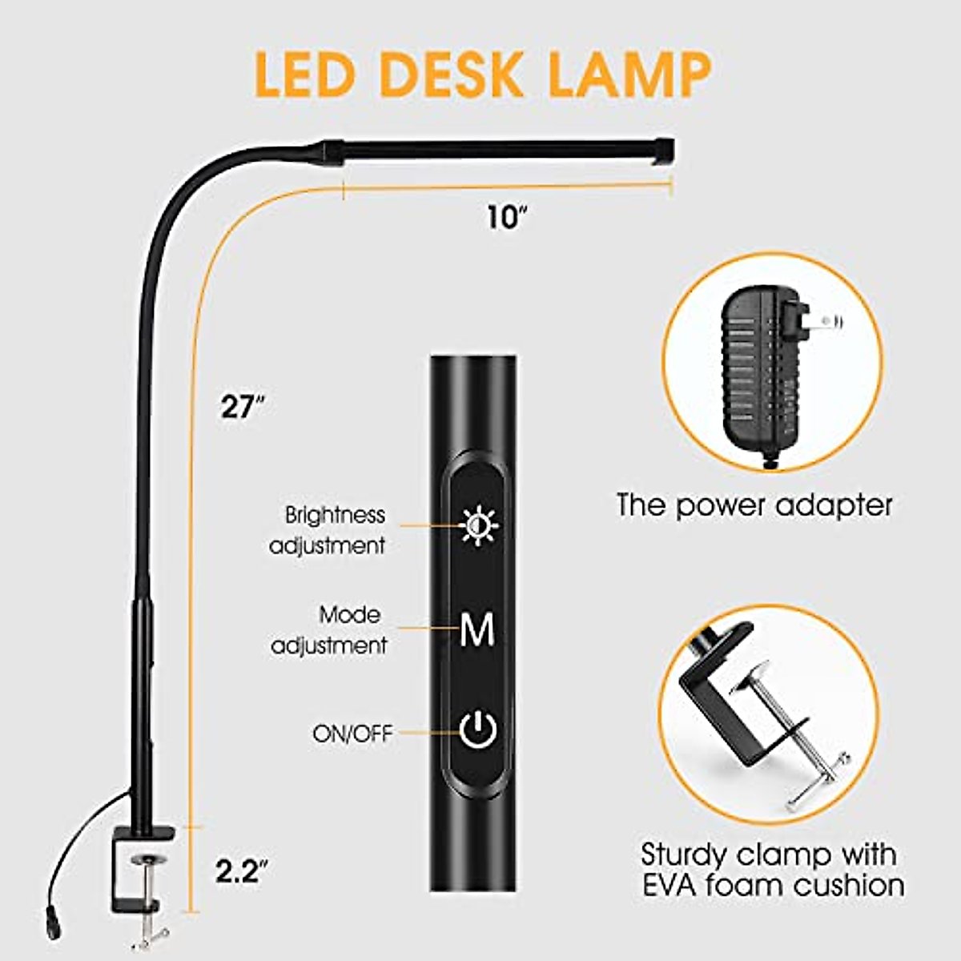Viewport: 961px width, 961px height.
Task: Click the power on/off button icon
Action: [479, 730]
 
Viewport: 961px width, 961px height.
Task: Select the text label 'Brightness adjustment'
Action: [328, 530]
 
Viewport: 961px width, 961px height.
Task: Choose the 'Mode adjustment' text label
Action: [329, 630]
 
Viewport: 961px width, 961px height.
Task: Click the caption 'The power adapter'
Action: [754, 505]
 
